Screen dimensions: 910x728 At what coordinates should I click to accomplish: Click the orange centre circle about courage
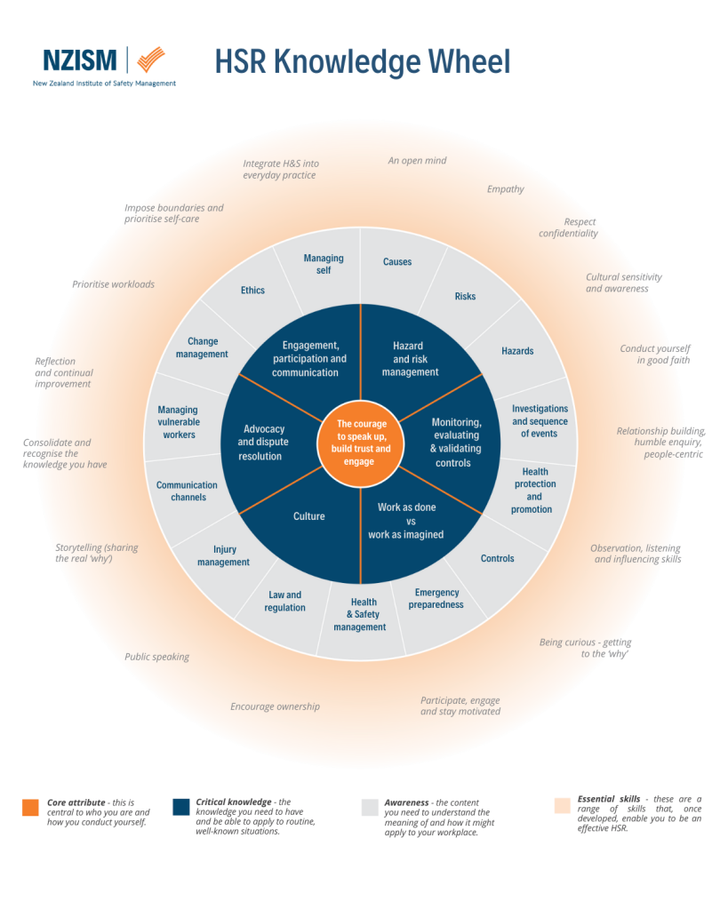click(364, 443)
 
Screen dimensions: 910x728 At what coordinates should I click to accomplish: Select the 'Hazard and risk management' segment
click(410, 359)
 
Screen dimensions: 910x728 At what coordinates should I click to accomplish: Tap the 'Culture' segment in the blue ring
click(309, 516)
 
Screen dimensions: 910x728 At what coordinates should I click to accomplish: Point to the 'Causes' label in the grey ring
click(397, 262)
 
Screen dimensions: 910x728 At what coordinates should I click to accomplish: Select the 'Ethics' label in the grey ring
click(252, 291)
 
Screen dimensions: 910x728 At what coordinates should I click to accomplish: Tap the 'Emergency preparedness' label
click(436, 598)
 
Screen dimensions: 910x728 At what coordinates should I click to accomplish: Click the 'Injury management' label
click(224, 556)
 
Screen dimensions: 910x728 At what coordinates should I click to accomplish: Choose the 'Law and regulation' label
click(284, 602)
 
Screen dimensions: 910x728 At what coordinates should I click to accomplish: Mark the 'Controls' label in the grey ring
click(498, 559)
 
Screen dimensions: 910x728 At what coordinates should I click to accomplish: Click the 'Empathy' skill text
click(506, 189)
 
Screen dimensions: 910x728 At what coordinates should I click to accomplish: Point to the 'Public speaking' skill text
click(156, 658)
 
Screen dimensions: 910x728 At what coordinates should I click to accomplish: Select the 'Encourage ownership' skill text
click(275, 707)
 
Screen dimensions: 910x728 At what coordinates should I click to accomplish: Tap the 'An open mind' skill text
click(417, 161)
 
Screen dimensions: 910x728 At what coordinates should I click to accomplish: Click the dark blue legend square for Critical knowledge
click(181, 807)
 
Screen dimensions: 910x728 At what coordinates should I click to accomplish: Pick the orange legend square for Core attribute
click(30, 807)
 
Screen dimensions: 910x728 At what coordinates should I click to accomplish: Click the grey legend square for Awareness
click(370, 807)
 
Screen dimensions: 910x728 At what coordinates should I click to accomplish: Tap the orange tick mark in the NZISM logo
click(151, 60)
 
